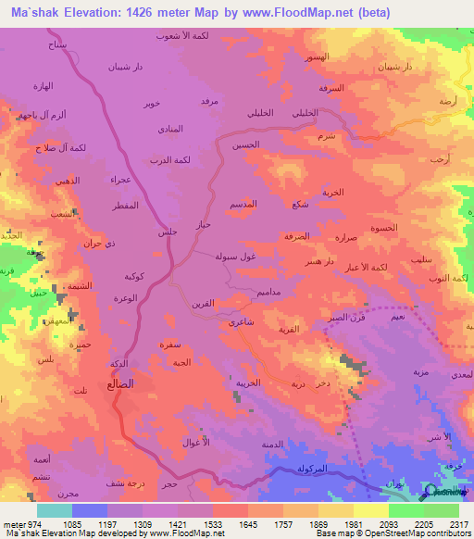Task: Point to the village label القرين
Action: pyautogui.click(x=204, y=301)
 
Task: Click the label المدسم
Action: pyautogui.click(x=255, y=204)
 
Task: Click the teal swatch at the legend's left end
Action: pyautogui.click(x=55, y=510)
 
